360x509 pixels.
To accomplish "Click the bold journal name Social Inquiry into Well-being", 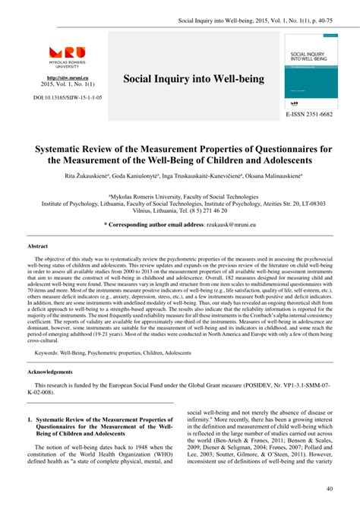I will pyautogui.click(x=194, y=78).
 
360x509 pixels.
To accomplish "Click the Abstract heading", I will pyautogui.click(x=38, y=247).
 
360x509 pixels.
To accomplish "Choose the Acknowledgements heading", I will pyautogui.click(x=51, y=372).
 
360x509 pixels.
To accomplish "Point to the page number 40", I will pyautogui.click(x=329, y=489).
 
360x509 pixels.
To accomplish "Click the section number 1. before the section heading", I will pyautogui.click(x=30, y=419).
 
